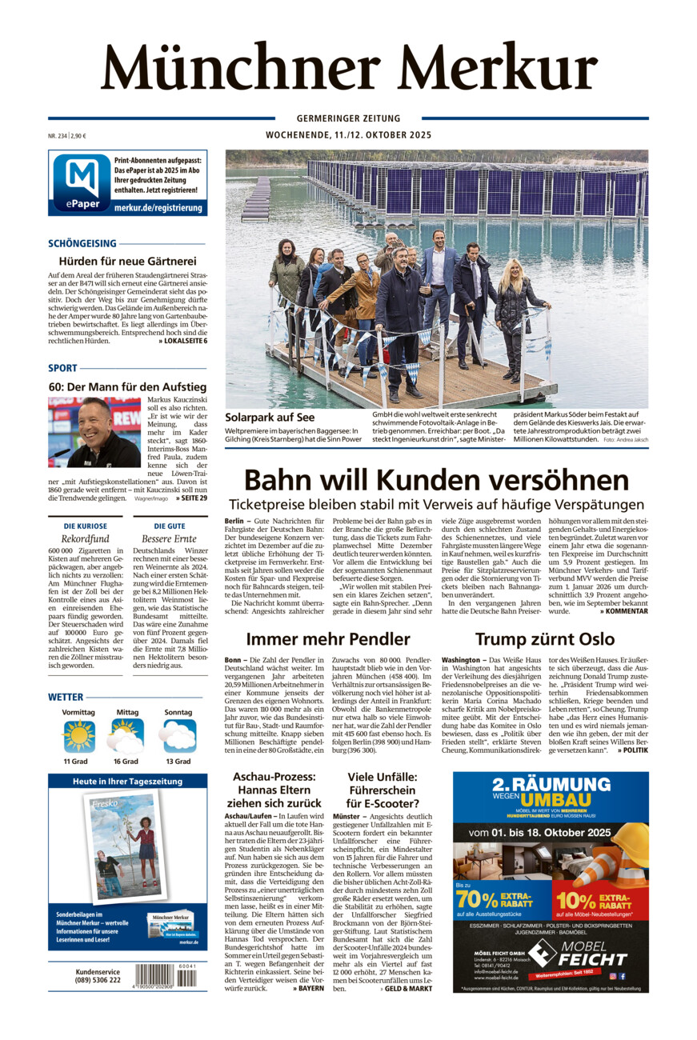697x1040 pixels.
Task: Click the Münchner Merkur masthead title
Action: (349, 67)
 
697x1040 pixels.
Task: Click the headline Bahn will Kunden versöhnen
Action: (436, 480)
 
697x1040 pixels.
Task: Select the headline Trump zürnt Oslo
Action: (544, 638)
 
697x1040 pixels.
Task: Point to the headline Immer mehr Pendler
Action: (328, 638)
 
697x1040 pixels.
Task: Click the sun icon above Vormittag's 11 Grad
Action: (78, 734)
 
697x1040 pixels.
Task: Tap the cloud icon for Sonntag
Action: (178, 734)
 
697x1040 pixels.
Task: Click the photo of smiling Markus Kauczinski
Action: (94, 432)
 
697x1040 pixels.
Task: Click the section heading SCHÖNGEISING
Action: (82, 243)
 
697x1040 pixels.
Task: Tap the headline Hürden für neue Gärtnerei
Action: (127, 261)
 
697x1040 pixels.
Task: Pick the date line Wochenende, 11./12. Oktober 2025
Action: (348, 135)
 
